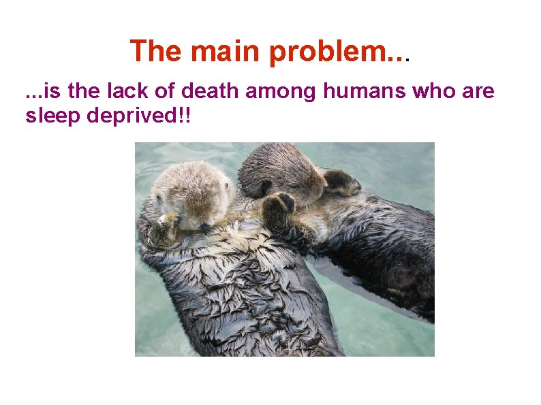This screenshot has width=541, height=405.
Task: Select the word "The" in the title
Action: pyautogui.click(x=155, y=52)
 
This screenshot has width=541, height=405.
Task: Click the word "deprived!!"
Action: pyautogui.click(x=139, y=117)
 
